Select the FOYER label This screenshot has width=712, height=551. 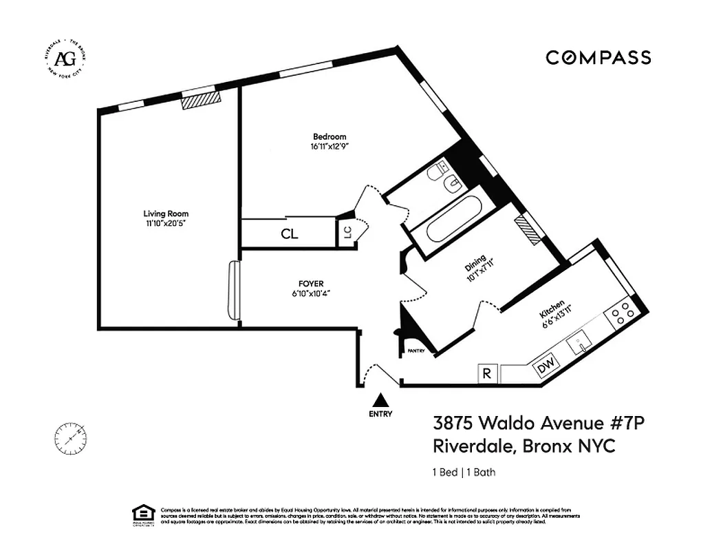(x=310, y=283)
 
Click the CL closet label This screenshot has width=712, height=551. (x=290, y=234)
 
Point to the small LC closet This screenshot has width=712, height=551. (x=347, y=232)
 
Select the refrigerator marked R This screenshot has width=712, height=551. (x=487, y=374)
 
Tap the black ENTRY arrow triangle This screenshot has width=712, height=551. (x=380, y=400)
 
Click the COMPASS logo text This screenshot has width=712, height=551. (x=598, y=57)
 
